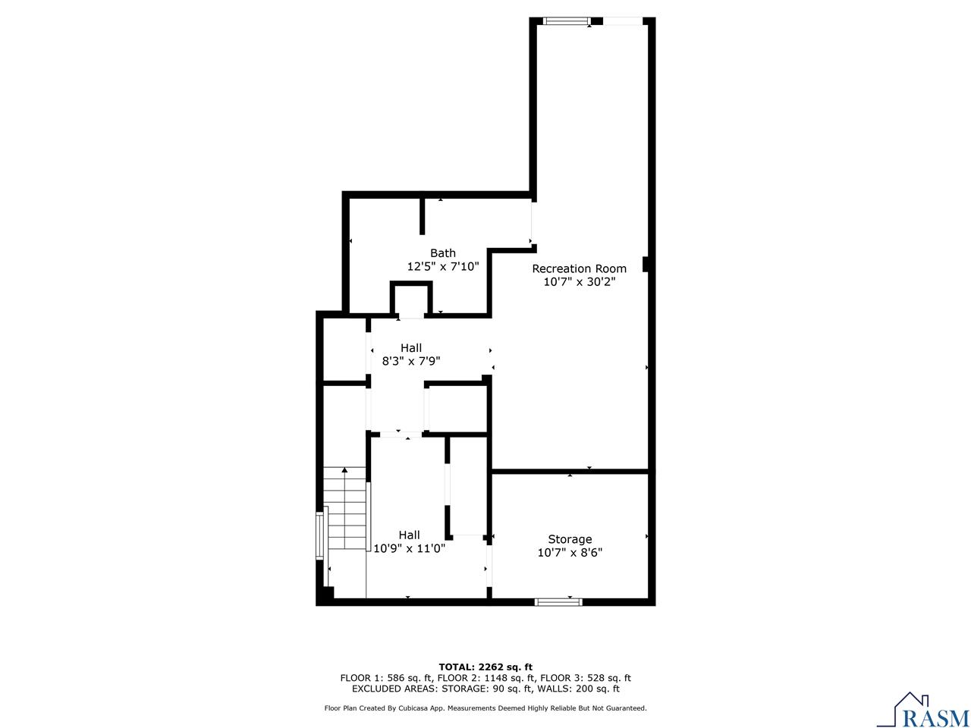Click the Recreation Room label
(x=579, y=268)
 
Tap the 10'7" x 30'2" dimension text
(x=579, y=282)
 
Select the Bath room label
(x=443, y=253)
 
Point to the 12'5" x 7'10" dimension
(x=443, y=267)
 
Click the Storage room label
(x=570, y=539)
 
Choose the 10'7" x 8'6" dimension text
(x=570, y=553)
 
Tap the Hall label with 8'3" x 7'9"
(x=411, y=348)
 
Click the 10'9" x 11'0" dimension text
(x=409, y=548)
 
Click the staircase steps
(x=346, y=516)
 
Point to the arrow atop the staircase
(x=346, y=472)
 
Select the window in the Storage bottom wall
(x=558, y=602)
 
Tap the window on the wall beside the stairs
(x=319, y=536)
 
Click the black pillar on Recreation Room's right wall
(x=646, y=264)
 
